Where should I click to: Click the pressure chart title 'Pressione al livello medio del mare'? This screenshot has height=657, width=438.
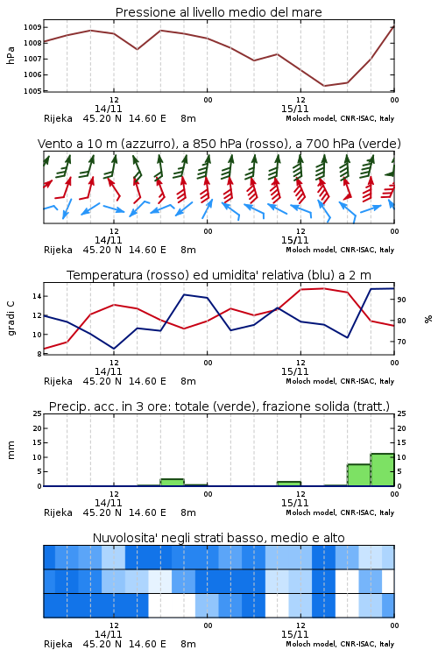coord(218,12)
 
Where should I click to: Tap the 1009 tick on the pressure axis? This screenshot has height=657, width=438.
coord(32,27)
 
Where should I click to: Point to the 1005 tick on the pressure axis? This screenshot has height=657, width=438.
coord(32,91)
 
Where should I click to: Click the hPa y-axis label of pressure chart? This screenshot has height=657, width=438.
coord(11,55)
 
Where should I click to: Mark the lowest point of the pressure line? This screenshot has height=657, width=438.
coord(324,86)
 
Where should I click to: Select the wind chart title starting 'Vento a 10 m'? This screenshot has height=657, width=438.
coord(219,144)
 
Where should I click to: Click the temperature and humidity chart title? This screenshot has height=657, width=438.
coord(219,275)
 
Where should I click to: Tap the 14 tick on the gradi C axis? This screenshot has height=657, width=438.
coord(37,296)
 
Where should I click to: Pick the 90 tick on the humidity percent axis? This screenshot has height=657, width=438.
coord(401,300)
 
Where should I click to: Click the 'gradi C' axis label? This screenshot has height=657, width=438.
coord(11,318)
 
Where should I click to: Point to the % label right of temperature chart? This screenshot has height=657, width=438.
coord(428,319)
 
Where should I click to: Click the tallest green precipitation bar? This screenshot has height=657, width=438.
coord(382,470)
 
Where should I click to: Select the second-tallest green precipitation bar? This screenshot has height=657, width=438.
coord(359,475)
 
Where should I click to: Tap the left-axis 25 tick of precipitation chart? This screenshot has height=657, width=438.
coord(38,413)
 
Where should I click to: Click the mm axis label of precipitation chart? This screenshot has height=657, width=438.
coord(11,450)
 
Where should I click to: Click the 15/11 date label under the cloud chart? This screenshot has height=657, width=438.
coord(294,634)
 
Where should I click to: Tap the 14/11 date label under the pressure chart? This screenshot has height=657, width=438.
coord(108,109)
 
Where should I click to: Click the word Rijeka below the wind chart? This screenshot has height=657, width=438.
coord(58,250)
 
